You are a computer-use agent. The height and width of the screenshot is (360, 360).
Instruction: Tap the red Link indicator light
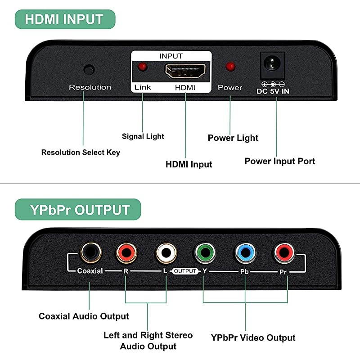pos(142,67)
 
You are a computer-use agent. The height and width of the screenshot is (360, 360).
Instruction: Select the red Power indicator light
pos(230,67)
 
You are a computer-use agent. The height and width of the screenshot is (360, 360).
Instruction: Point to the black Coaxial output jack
pos(90,252)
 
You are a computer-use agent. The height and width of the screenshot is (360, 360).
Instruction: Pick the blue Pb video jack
pos(245,252)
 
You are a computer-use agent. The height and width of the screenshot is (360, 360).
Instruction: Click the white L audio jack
pos(166,252)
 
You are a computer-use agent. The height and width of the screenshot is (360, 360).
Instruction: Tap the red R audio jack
pos(126,252)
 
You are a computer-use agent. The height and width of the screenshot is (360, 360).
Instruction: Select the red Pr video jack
pos(284,252)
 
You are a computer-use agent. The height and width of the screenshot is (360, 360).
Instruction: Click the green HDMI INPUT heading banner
pos(65,19)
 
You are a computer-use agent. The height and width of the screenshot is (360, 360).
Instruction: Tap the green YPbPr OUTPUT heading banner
pos(77,210)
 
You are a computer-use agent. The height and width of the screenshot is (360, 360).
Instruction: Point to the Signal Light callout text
pos(143,136)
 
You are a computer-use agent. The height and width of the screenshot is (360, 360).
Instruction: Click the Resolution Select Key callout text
pos(81,153)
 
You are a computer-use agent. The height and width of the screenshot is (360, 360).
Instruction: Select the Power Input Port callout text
pos(279,161)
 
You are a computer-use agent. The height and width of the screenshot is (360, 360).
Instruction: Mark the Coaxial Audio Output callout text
pos(84,316)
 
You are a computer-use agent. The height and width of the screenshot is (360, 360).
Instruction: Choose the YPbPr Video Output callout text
pos(253,337)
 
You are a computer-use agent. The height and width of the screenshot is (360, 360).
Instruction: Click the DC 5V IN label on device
pos(273,91)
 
